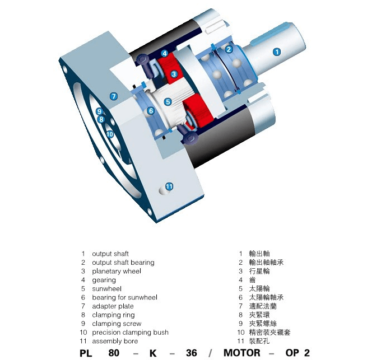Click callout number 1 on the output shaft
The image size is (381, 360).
[x=277, y=52]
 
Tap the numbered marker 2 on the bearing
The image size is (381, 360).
[x=229, y=49]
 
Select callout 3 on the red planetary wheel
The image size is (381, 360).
[x=174, y=74]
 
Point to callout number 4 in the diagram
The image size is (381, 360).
[x=165, y=53]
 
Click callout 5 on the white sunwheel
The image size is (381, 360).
[x=168, y=102]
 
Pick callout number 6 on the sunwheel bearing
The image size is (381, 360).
[x=151, y=111]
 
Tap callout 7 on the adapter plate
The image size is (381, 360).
[x=114, y=96]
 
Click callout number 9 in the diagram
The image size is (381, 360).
[x=99, y=111]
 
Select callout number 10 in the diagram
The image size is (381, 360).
[x=110, y=134]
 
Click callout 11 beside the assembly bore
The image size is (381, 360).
[x=169, y=186]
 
